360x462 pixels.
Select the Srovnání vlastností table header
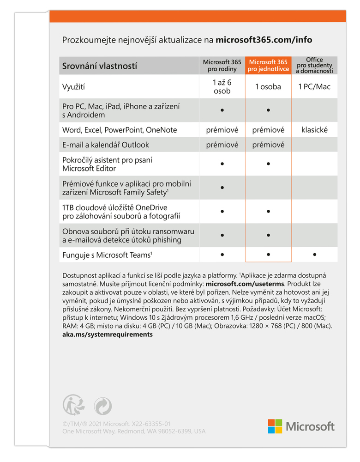[x=100, y=66]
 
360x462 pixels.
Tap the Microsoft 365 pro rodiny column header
[x=222, y=66]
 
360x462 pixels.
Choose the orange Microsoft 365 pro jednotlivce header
[x=268, y=66]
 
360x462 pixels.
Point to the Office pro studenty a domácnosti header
[x=314, y=66]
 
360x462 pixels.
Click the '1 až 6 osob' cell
[x=222, y=86]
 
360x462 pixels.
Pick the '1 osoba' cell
[x=268, y=86]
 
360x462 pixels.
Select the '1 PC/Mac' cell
[x=314, y=86]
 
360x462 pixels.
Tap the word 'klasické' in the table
[x=314, y=130]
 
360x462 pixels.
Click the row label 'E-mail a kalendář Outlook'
[x=106, y=145]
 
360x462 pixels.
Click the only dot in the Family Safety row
[x=222, y=188]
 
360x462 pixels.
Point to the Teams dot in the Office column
[x=314, y=254]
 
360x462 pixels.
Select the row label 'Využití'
[x=74, y=86]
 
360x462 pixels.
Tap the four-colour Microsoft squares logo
[x=275, y=426]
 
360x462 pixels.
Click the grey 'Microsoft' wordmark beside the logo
[x=310, y=426]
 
